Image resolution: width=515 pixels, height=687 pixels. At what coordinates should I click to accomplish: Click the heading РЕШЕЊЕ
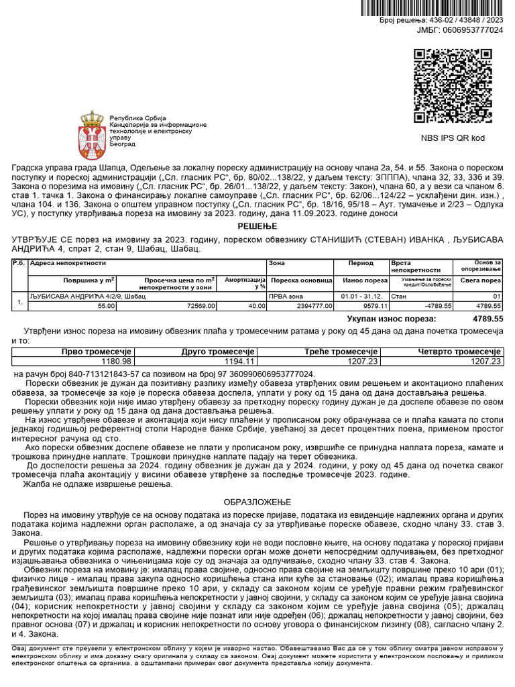[x=257, y=227]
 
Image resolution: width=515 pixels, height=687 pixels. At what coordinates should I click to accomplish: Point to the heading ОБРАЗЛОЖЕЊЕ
[x=257, y=501]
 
